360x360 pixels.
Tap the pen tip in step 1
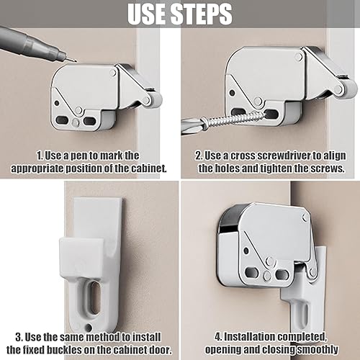pos(73,60)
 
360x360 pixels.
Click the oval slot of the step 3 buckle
pos(94,297)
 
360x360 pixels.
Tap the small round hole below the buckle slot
pos(89,327)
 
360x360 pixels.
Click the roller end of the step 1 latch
pos(156,100)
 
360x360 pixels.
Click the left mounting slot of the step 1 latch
pos(63,120)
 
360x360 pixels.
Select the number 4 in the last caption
pos(217,337)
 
